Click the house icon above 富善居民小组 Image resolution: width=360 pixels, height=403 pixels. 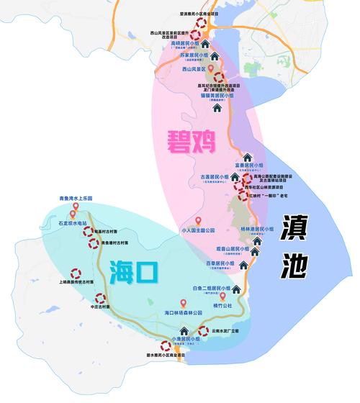[248, 158]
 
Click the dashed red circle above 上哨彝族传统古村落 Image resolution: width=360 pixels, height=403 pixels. [75, 273]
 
